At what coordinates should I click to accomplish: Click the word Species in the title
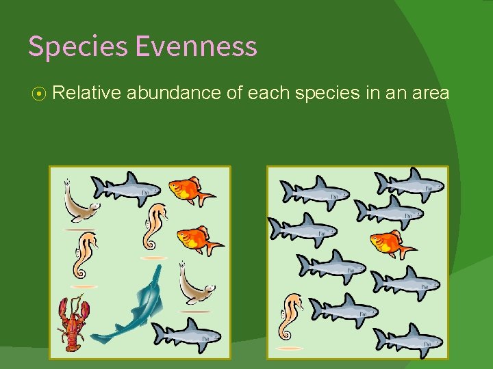click(x=78, y=46)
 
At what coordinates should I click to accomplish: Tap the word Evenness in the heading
click(x=196, y=46)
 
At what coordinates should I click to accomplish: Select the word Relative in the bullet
click(x=86, y=93)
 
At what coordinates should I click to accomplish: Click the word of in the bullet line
click(x=234, y=93)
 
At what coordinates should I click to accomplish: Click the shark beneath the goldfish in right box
click(x=404, y=280)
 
